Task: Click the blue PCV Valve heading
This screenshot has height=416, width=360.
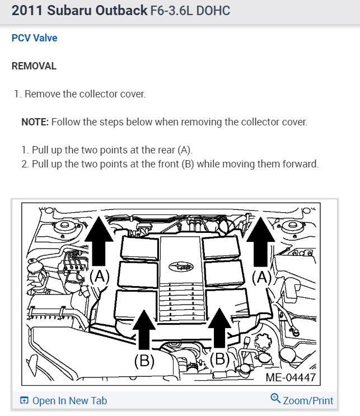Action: coord(35,38)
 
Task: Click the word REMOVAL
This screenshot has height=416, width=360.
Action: coord(34,66)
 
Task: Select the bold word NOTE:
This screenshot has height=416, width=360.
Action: coord(35,122)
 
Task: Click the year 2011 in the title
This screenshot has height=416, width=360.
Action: coord(27,11)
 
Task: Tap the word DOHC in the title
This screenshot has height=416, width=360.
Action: coord(213,11)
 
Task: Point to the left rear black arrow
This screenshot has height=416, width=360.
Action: coord(99,241)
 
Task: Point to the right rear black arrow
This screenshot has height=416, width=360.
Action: coord(260,241)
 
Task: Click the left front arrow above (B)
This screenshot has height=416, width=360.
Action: coord(144,329)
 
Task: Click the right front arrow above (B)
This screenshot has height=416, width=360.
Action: coord(219,328)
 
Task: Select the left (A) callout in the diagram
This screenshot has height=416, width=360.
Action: coord(100,277)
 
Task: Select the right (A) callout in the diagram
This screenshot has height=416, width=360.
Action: coord(262,278)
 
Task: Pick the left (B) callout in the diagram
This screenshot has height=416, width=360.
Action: coord(144,361)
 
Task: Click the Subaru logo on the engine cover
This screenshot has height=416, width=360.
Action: coord(181,267)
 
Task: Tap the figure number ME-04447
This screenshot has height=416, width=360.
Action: coord(291,377)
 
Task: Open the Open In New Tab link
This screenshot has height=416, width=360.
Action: coord(64,401)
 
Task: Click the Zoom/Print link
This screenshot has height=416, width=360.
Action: coord(308,401)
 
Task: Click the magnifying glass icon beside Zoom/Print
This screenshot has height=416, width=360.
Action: coord(275,399)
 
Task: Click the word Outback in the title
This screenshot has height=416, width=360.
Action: coord(121,11)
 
